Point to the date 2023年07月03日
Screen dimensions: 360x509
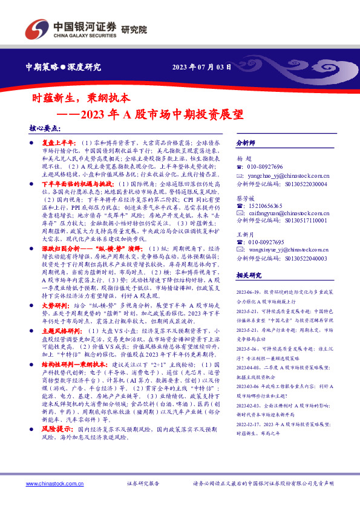click(x=202, y=67)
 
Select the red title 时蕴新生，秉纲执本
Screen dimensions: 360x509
click(x=85, y=97)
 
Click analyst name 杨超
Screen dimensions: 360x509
click(x=243, y=157)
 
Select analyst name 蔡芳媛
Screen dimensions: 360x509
click(x=245, y=197)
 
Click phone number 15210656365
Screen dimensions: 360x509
click(x=264, y=206)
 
